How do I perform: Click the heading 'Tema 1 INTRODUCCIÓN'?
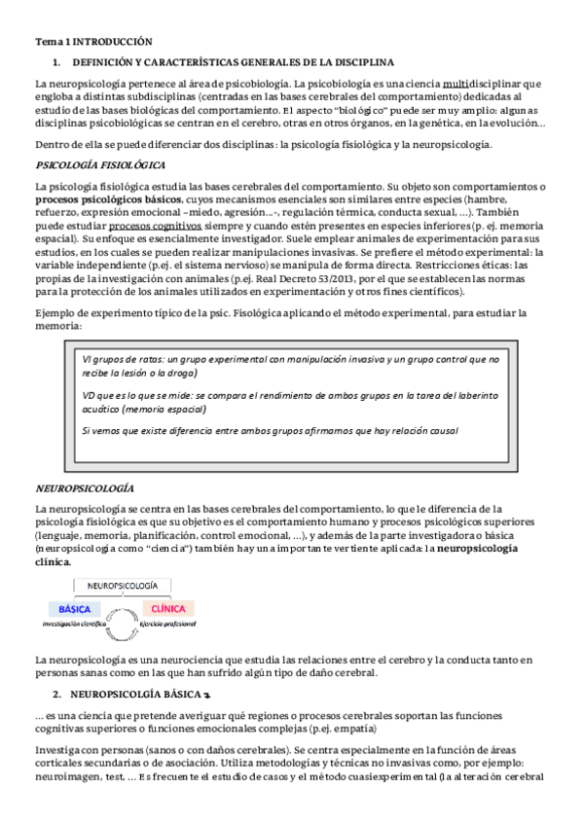pos(93,42)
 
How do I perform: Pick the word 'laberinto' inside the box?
pos(474,395)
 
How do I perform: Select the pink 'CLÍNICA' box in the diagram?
pos(167,608)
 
